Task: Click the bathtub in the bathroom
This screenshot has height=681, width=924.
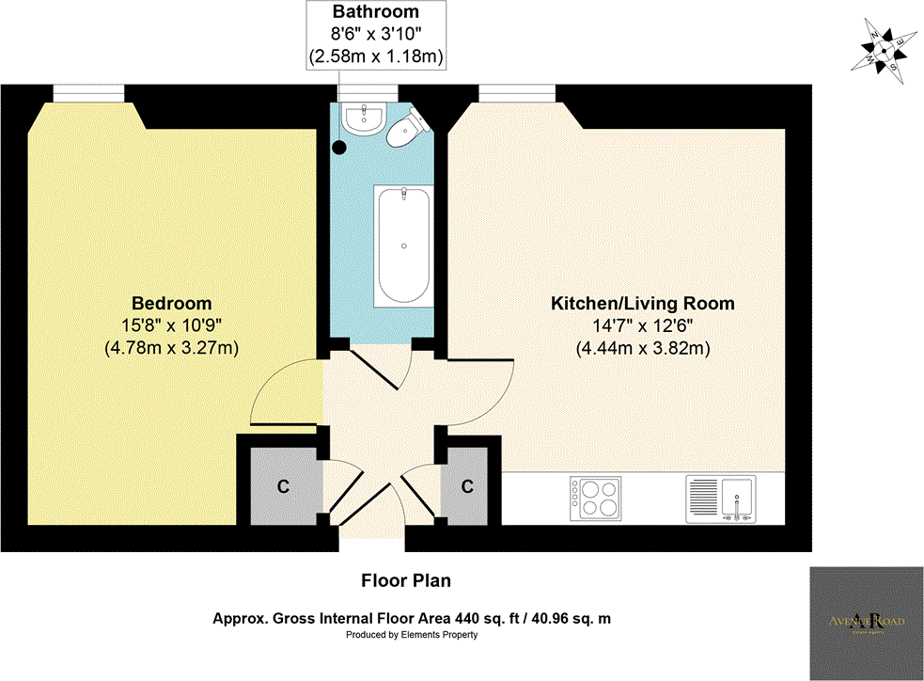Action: pyautogui.click(x=403, y=245)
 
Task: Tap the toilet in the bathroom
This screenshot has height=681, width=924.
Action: pyautogui.click(x=403, y=130)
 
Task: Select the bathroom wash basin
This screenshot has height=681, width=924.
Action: pyautogui.click(x=362, y=118)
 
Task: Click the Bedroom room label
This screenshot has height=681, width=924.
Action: pyautogui.click(x=171, y=304)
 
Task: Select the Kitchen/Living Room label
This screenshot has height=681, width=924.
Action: pyautogui.click(x=642, y=304)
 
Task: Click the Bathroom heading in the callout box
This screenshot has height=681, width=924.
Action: pyautogui.click(x=376, y=13)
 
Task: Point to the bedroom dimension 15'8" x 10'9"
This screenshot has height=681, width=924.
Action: pyautogui.click(x=171, y=325)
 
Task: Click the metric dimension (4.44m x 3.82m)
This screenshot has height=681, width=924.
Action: pyautogui.click(x=642, y=348)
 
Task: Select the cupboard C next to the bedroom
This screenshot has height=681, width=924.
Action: pyautogui.click(x=281, y=487)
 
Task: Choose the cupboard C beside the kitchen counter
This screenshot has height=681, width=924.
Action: pyautogui.click(x=466, y=487)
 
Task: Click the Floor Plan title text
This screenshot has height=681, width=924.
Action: pyautogui.click(x=406, y=580)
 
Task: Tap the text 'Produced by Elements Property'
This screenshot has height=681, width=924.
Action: pyautogui.click(x=412, y=635)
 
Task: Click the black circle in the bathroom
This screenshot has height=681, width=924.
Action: pyautogui.click(x=340, y=147)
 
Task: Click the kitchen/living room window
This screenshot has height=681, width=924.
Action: pyautogui.click(x=519, y=92)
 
